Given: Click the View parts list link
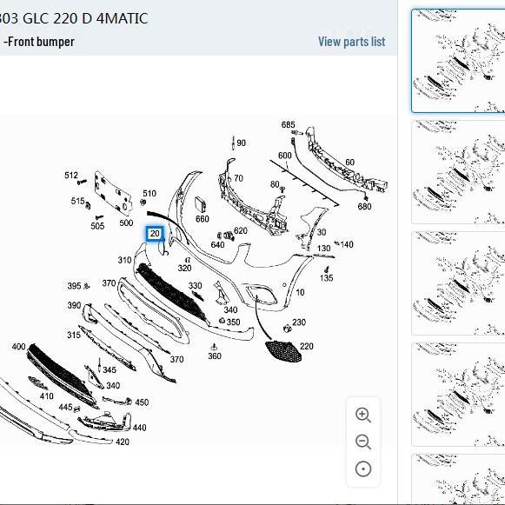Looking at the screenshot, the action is (x=351, y=42).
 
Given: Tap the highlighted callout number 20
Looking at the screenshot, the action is (x=155, y=234).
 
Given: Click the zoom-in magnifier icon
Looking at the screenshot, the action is (x=363, y=415).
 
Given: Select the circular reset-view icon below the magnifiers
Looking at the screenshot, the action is (x=363, y=469).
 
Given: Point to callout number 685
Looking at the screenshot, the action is (x=288, y=124).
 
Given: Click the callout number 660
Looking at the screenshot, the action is (x=203, y=219).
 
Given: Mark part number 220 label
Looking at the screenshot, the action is (x=306, y=346).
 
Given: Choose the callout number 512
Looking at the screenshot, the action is (x=71, y=176).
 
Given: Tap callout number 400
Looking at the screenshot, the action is (x=18, y=347).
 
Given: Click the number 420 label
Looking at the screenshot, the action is (x=123, y=442).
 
